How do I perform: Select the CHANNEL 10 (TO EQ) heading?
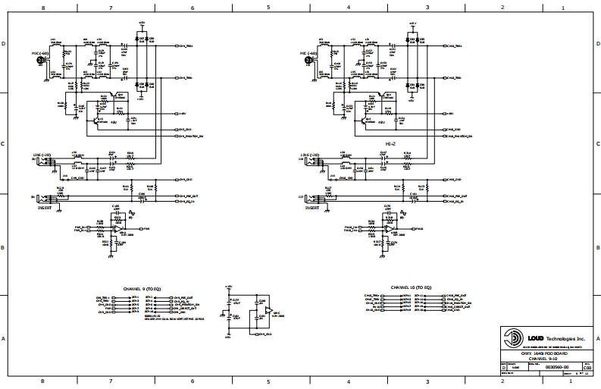[x=411, y=287]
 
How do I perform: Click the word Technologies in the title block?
[x=561, y=337]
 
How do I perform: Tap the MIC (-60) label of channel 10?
[x=308, y=54]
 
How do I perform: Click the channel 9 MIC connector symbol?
[x=39, y=61]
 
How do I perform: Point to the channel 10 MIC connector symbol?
[x=307, y=61]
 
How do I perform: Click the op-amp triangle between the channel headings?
[x=268, y=309]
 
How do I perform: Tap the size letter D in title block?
[x=505, y=366]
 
